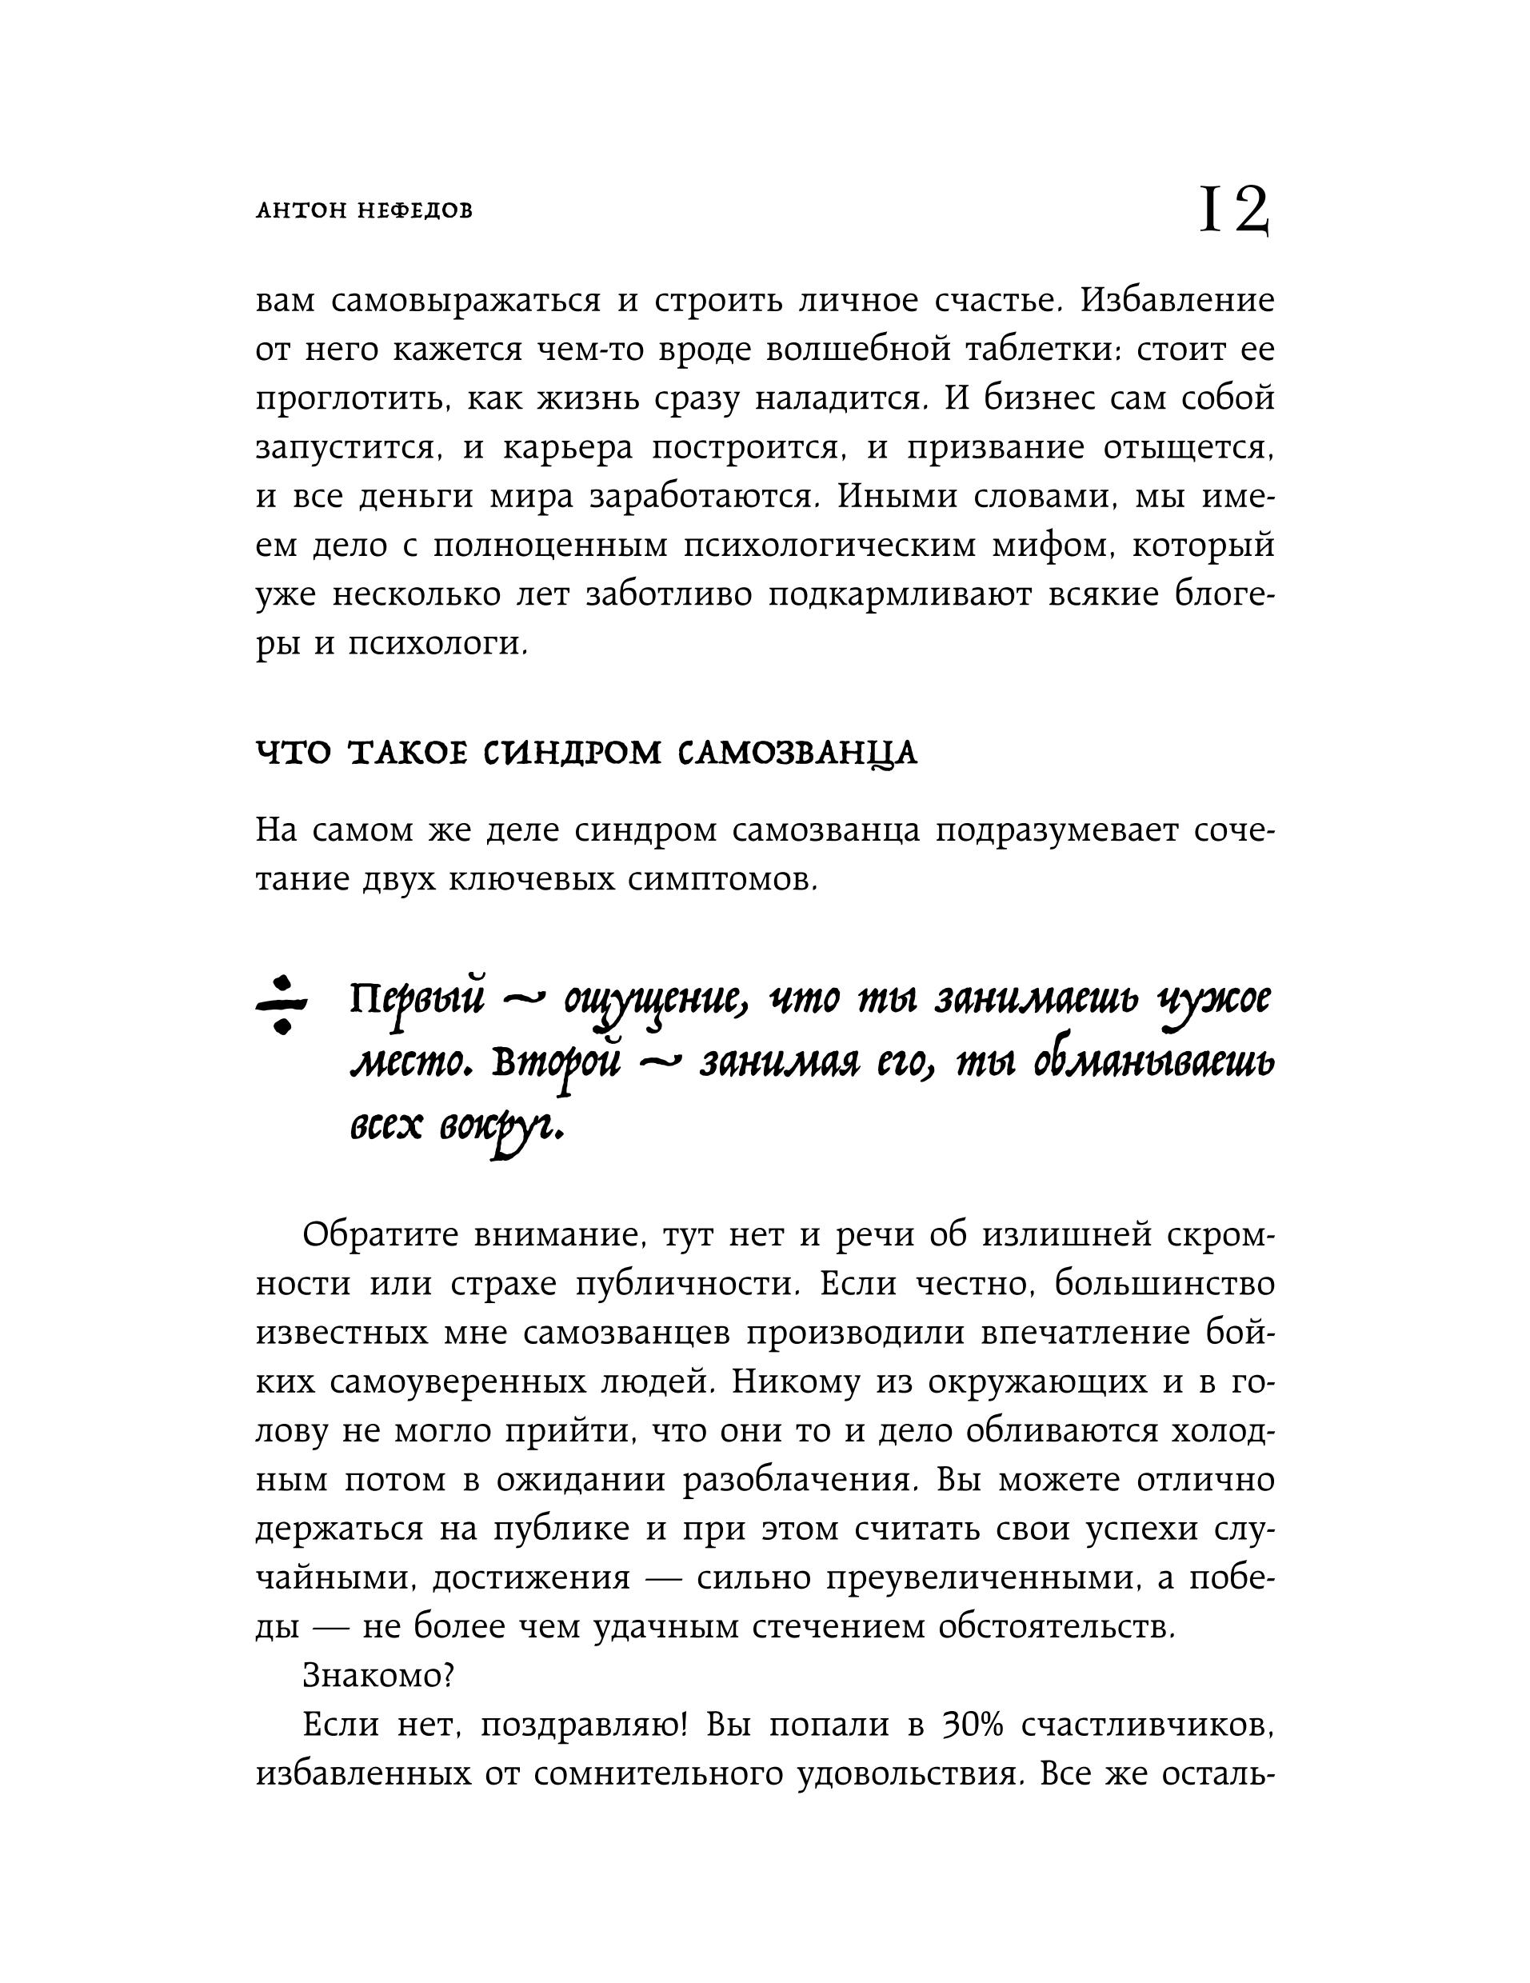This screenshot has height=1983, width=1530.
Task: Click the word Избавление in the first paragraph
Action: click(x=1176, y=301)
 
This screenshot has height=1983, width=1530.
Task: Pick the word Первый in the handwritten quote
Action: click(x=417, y=1003)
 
